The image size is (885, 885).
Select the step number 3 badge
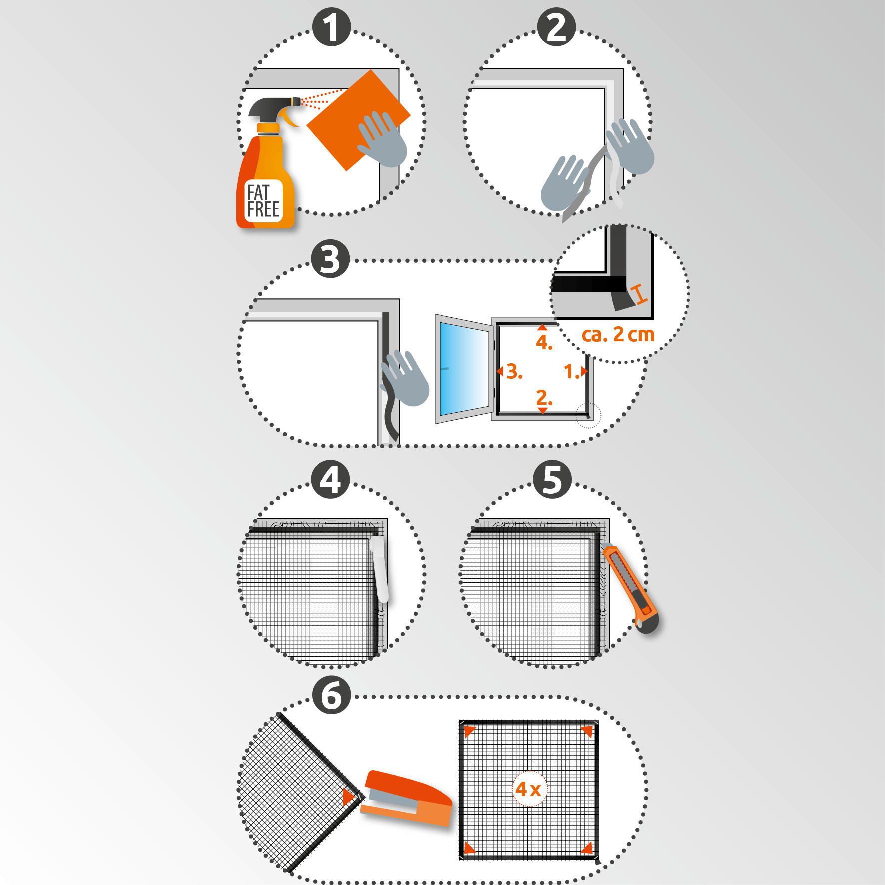pos(330,260)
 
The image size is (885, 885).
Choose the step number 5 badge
pos(552,480)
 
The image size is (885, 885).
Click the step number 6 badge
pos(331,696)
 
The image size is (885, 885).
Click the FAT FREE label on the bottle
pos(263,201)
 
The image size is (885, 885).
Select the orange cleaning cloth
pos(358,120)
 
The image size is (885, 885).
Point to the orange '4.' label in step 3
pos(544,343)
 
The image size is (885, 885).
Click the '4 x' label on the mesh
pos(528,789)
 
